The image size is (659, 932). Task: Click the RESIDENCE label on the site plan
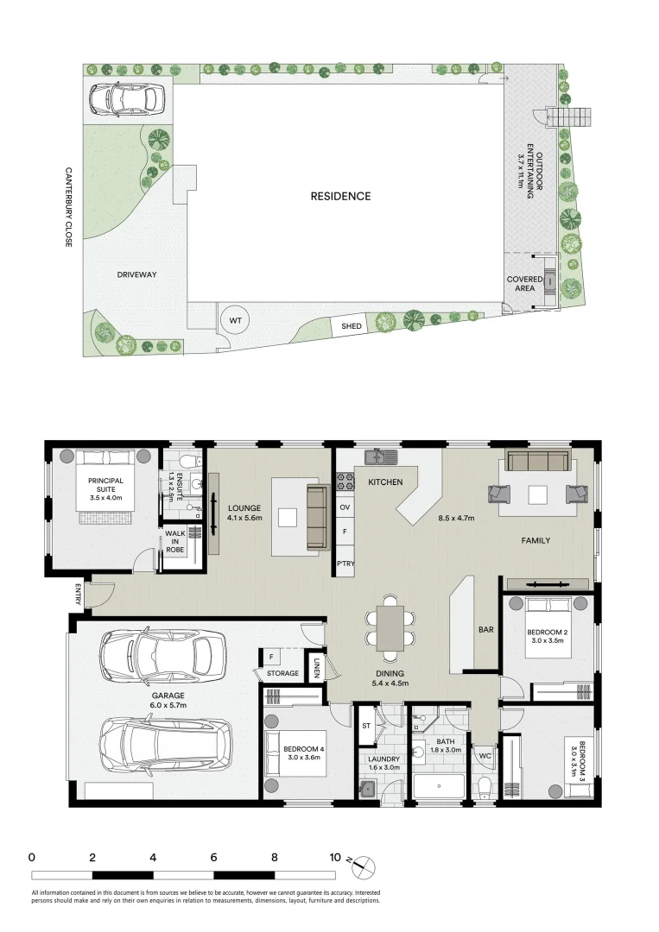click(340, 196)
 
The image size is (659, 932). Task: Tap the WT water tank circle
click(235, 320)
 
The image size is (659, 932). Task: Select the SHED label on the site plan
click(352, 326)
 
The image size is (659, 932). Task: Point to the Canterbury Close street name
click(68, 207)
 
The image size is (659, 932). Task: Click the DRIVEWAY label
click(136, 274)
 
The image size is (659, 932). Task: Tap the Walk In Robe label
click(175, 541)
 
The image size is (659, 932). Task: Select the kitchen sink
click(380, 457)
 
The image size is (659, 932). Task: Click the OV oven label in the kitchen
click(345, 507)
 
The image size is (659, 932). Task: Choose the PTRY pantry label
click(345, 564)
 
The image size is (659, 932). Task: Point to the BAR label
click(485, 630)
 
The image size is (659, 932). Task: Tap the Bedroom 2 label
click(545, 637)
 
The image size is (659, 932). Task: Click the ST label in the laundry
click(365, 726)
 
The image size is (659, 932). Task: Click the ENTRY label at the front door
click(78, 595)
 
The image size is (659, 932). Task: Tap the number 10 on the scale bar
click(334, 858)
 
